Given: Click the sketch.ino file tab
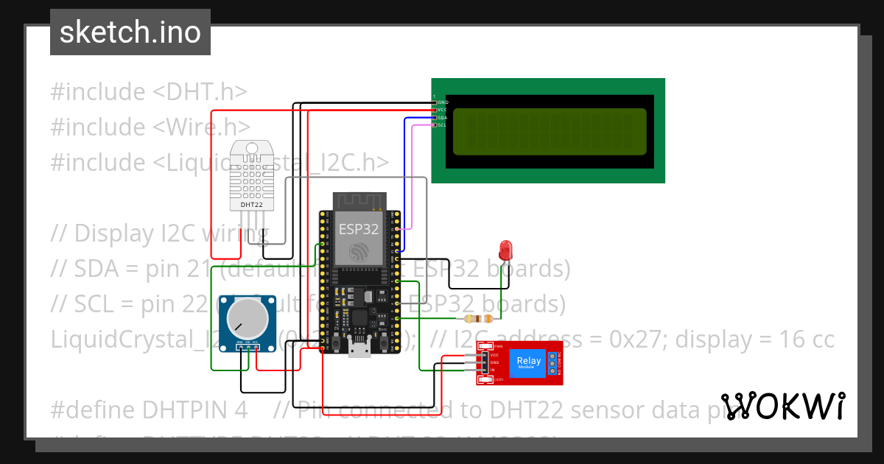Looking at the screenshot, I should (x=130, y=32).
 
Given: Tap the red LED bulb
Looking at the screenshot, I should (x=505, y=248).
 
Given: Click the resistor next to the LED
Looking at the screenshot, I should (x=476, y=319).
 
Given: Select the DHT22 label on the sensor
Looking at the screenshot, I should (x=252, y=204).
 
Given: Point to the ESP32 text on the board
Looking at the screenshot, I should (x=358, y=229).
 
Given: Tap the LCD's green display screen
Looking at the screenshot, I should (x=550, y=132).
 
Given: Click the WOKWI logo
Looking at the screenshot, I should (x=782, y=406).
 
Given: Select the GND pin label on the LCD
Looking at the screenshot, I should (x=443, y=102).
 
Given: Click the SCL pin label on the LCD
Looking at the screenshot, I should (x=442, y=125).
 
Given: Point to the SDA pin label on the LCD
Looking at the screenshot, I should (x=442, y=117).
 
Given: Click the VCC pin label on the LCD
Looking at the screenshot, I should (x=442, y=110).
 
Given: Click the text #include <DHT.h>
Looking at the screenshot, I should (x=148, y=92).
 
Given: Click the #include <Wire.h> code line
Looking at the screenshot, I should (x=150, y=127).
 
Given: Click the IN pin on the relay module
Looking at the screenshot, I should (x=494, y=370).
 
